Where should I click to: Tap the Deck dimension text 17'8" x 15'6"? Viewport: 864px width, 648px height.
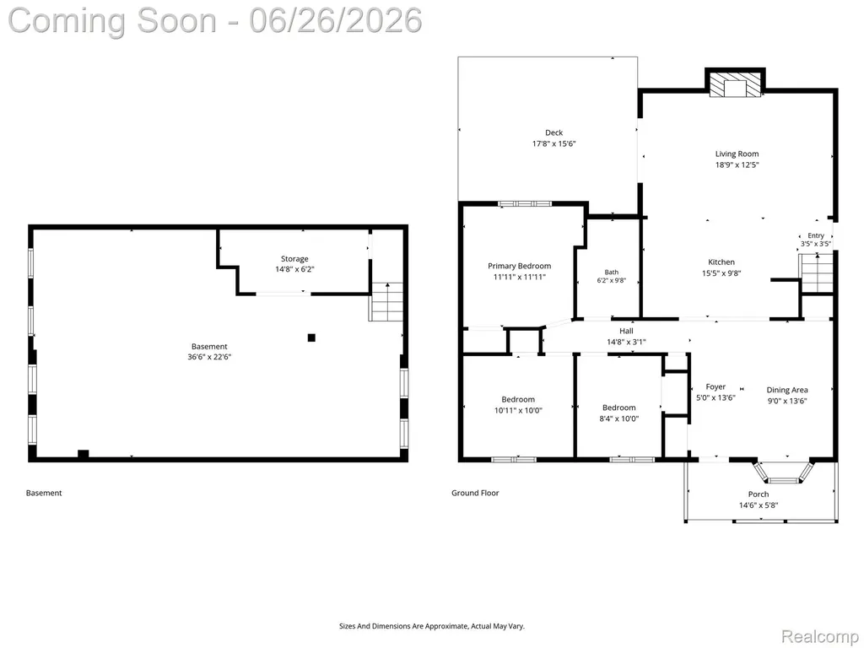coord(553,143)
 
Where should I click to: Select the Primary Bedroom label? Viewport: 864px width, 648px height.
coord(519,266)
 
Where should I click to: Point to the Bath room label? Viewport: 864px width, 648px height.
coord(612,272)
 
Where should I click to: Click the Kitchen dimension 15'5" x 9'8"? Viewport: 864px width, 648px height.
coord(721,273)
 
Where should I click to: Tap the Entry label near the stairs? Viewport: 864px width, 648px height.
coord(816,235)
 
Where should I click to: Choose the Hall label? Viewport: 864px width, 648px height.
coord(627,331)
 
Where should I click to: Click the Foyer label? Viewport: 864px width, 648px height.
coord(715,386)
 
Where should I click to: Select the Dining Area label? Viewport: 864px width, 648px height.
coord(787,390)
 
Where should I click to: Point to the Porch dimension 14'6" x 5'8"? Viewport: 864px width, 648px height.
coord(759,505)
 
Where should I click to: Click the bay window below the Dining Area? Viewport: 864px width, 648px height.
coord(784,472)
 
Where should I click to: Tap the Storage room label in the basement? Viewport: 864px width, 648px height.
coord(294,259)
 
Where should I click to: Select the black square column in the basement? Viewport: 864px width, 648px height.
coord(311,337)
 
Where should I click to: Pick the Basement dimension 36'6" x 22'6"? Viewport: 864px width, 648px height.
coord(209,357)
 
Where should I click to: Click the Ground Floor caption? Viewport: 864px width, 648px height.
coord(475,493)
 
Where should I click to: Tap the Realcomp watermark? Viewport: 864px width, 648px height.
coord(820,636)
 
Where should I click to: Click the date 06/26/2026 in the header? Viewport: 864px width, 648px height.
coord(336,20)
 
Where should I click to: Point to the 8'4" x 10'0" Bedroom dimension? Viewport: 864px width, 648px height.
coord(618,418)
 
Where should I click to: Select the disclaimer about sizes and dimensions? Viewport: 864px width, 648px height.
coord(432,626)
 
